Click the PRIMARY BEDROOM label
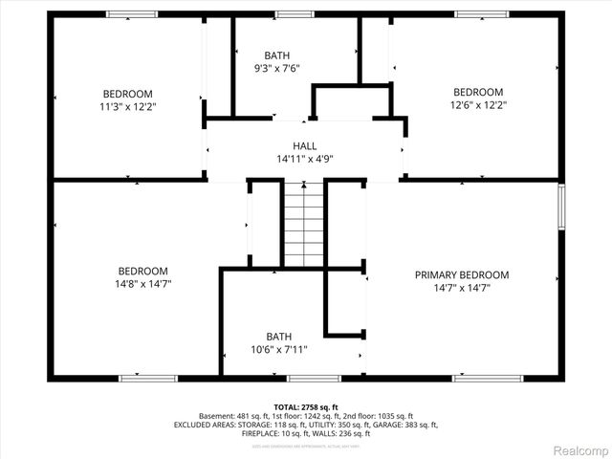tap(462, 274)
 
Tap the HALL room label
tap(305, 145)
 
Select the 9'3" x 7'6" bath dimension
tap(278, 69)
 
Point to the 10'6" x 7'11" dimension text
tap(279, 351)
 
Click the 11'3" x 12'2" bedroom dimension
tap(129, 107)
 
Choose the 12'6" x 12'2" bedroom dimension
tap(478, 106)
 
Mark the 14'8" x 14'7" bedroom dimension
tap(143, 284)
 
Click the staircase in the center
tap(305, 225)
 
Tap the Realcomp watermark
tap(576, 449)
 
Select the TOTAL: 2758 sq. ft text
tap(306, 407)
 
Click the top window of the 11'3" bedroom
tap(132, 14)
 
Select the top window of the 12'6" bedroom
tap(482, 14)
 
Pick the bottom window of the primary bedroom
tap(481, 378)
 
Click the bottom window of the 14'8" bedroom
tap(147, 378)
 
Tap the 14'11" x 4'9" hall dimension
tap(305, 159)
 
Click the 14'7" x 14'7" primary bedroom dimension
tap(462, 288)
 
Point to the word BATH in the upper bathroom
tap(278, 55)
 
